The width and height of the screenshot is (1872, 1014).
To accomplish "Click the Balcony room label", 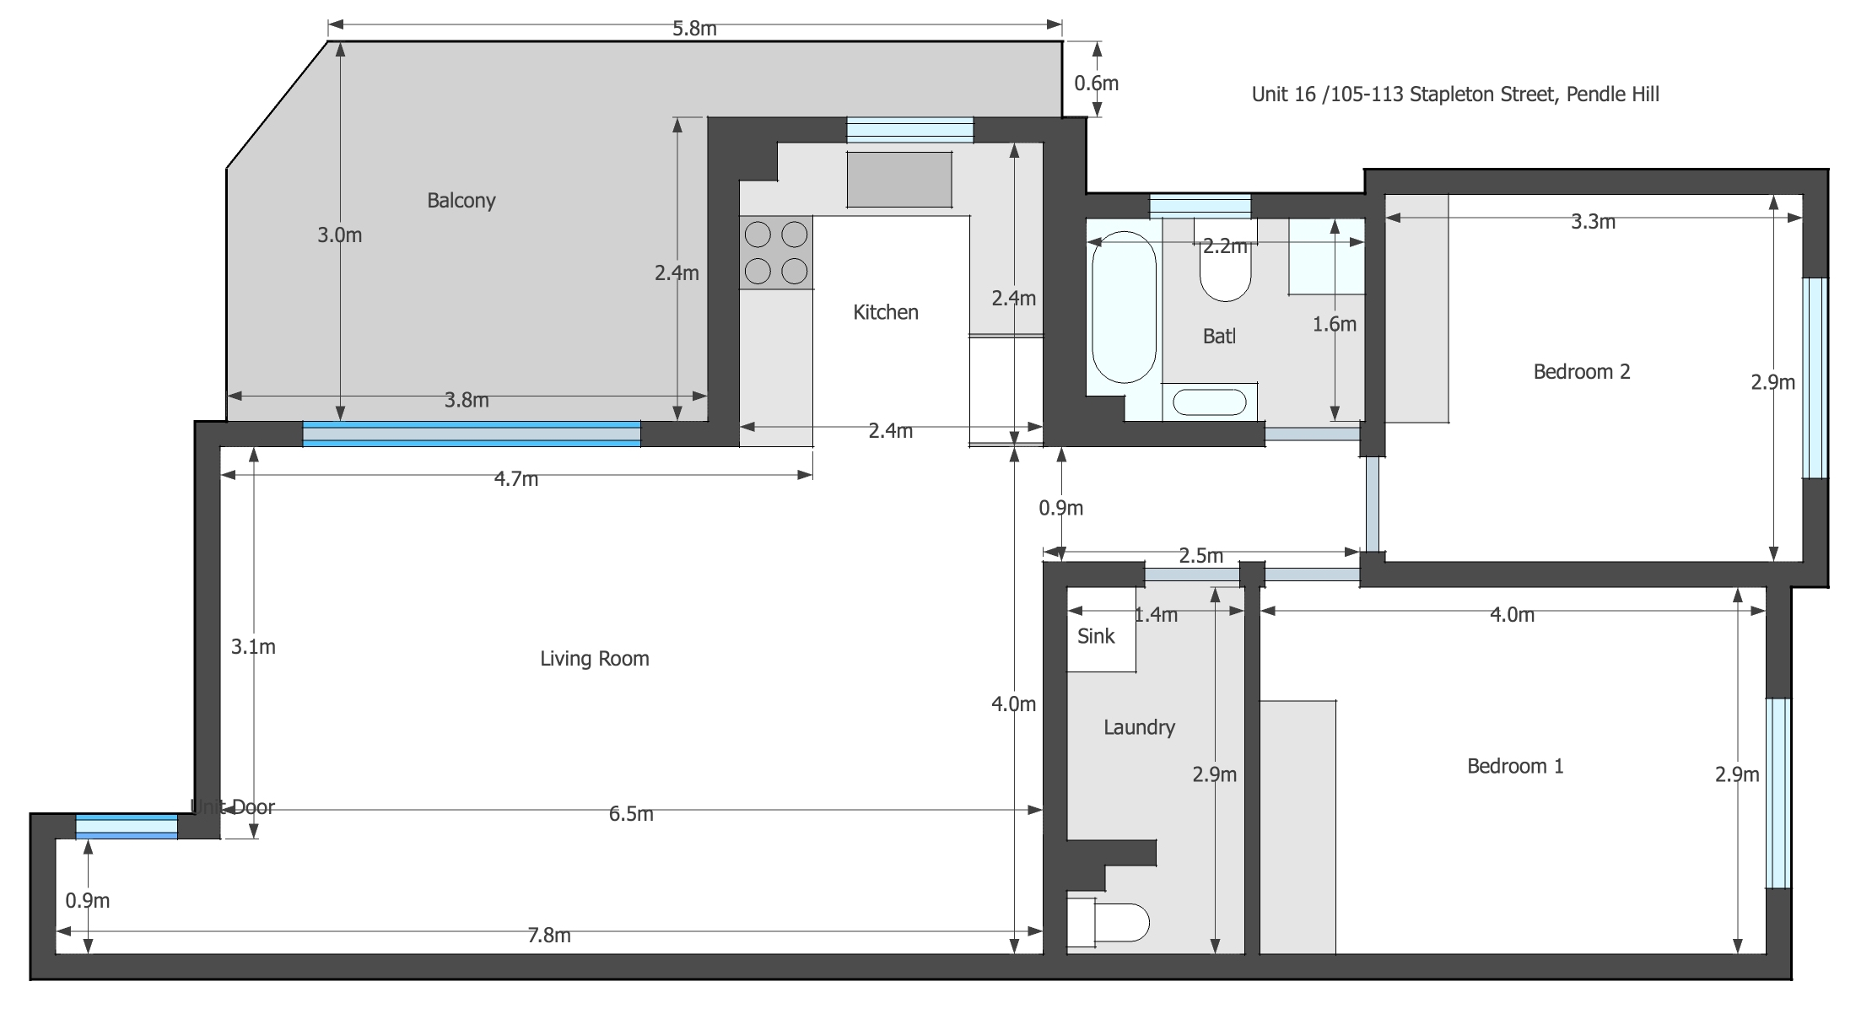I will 461,201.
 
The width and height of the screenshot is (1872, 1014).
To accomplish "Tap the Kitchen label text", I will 885,312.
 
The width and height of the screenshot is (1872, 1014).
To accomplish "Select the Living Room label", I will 594,659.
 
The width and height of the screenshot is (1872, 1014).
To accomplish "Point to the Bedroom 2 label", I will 1581,372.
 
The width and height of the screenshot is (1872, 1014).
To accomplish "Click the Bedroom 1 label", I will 1514,766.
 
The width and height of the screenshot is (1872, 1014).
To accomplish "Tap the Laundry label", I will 1139,727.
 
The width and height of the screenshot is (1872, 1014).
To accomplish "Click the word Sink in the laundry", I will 1096,637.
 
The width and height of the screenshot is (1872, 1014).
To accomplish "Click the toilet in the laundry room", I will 1109,923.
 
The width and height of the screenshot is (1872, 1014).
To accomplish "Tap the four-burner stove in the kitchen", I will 776,252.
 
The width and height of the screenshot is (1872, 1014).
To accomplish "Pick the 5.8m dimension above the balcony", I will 693,29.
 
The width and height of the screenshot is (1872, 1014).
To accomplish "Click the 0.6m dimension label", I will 1096,84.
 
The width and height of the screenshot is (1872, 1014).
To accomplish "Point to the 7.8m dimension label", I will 548,936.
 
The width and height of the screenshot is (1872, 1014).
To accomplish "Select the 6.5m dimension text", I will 630,814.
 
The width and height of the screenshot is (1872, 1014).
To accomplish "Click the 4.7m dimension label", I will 515,479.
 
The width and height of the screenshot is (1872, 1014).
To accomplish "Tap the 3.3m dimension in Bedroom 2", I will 1593,222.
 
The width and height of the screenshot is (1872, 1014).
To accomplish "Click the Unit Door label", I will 233,807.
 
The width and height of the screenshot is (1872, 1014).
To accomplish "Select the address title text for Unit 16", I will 1454,94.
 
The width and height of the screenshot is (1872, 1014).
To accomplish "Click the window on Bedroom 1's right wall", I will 1778,793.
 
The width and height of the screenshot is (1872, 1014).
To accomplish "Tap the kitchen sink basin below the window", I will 899,179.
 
